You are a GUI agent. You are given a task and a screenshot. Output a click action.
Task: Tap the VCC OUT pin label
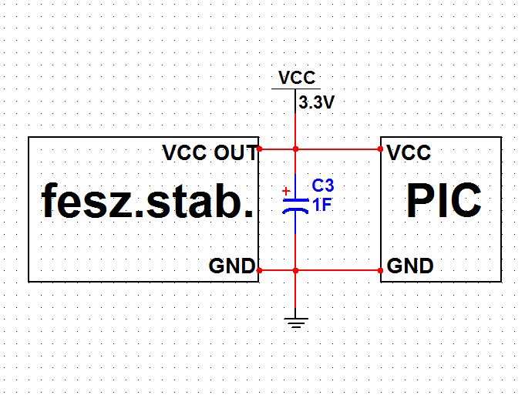(x=209, y=152)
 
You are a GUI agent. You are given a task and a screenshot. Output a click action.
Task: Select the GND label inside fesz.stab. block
(x=231, y=266)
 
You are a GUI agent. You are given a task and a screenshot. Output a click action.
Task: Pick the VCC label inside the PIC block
(x=409, y=152)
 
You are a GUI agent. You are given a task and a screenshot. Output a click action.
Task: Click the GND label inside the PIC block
(x=409, y=266)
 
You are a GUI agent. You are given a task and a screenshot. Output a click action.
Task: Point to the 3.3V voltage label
(x=317, y=102)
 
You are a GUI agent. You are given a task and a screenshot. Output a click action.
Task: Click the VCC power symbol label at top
(x=297, y=78)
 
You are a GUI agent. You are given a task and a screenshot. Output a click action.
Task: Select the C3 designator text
(x=323, y=187)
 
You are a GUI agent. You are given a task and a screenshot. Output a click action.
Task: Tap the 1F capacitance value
(x=321, y=205)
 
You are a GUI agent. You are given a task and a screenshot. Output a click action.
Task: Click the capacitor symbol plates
(x=295, y=204)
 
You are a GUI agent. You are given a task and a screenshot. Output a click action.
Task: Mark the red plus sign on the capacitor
(x=286, y=190)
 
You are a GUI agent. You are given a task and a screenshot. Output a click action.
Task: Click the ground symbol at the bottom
(x=295, y=322)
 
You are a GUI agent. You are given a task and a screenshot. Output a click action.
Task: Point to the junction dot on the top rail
(x=295, y=149)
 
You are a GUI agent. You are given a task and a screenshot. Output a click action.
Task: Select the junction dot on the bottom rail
(x=295, y=270)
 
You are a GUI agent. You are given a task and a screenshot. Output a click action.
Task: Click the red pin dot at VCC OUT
(x=260, y=149)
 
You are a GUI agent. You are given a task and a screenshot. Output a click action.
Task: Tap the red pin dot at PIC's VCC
(x=382, y=149)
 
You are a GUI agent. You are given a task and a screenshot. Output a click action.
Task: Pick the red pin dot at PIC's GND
(x=382, y=270)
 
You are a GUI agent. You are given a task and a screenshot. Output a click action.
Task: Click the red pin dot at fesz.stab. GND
(x=260, y=270)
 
